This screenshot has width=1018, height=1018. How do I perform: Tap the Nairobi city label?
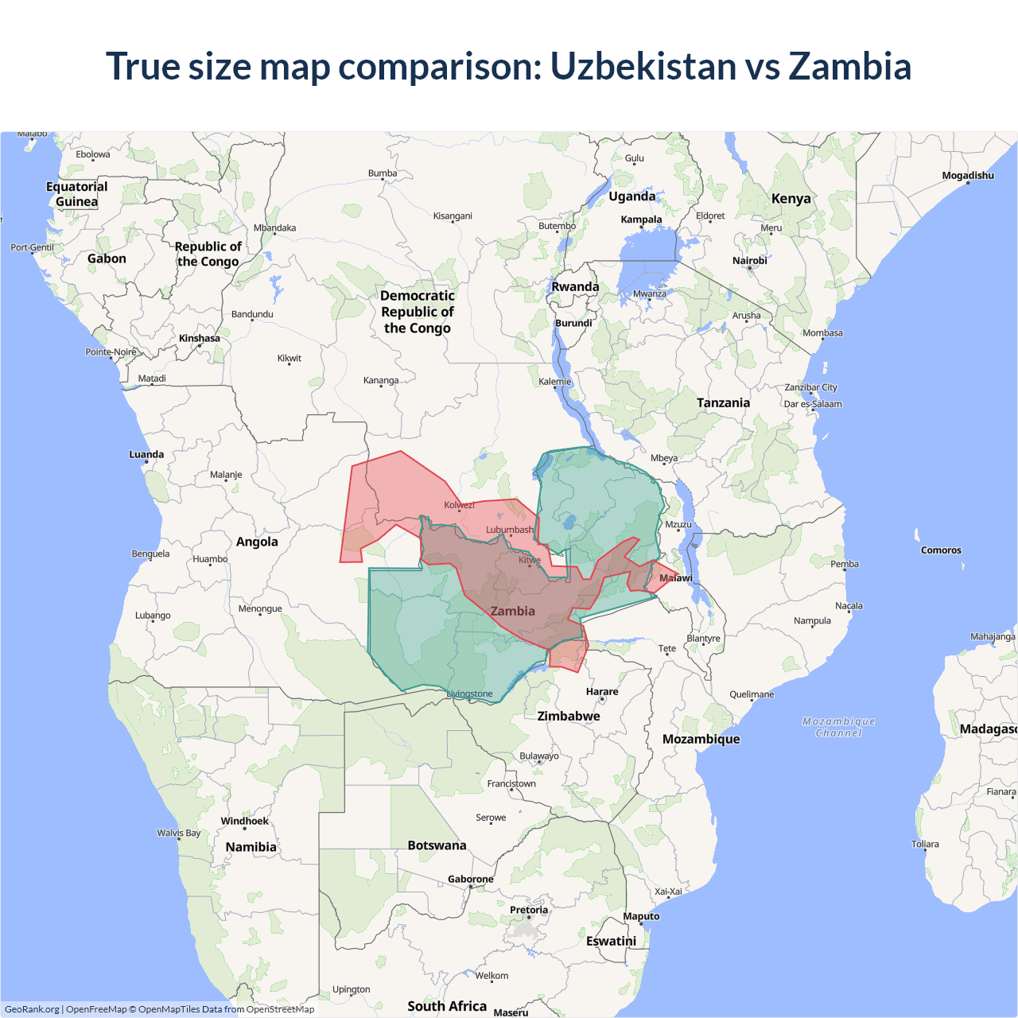click(749, 261)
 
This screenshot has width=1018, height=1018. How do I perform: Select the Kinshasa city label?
click(199, 338)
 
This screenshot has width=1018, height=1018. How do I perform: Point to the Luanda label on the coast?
click(146, 455)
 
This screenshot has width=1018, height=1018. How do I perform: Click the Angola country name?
click(257, 542)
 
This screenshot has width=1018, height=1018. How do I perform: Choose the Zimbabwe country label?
click(569, 716)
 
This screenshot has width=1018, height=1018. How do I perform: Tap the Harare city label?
click(602, 692)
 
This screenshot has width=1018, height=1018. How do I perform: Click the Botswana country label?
click(437, 845)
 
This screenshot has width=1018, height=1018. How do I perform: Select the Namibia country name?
click(251, 847)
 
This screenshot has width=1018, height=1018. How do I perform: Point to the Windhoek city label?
click(244, 822)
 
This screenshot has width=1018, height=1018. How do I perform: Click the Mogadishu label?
click(968, 176)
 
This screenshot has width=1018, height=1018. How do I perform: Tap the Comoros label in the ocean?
click(941, 550)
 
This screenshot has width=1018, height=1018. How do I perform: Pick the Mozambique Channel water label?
click(838, 727)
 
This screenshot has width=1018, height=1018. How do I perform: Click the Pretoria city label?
click(529, 910)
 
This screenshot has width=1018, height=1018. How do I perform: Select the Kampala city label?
click(641, 220)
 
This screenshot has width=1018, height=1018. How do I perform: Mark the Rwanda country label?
click(575, 287)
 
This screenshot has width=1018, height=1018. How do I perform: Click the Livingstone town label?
click(470, 694)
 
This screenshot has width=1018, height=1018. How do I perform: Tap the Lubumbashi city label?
click(510, 530)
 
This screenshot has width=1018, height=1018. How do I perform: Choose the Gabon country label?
click(107, 258)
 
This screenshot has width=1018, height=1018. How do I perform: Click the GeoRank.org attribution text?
click(32, 1009)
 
